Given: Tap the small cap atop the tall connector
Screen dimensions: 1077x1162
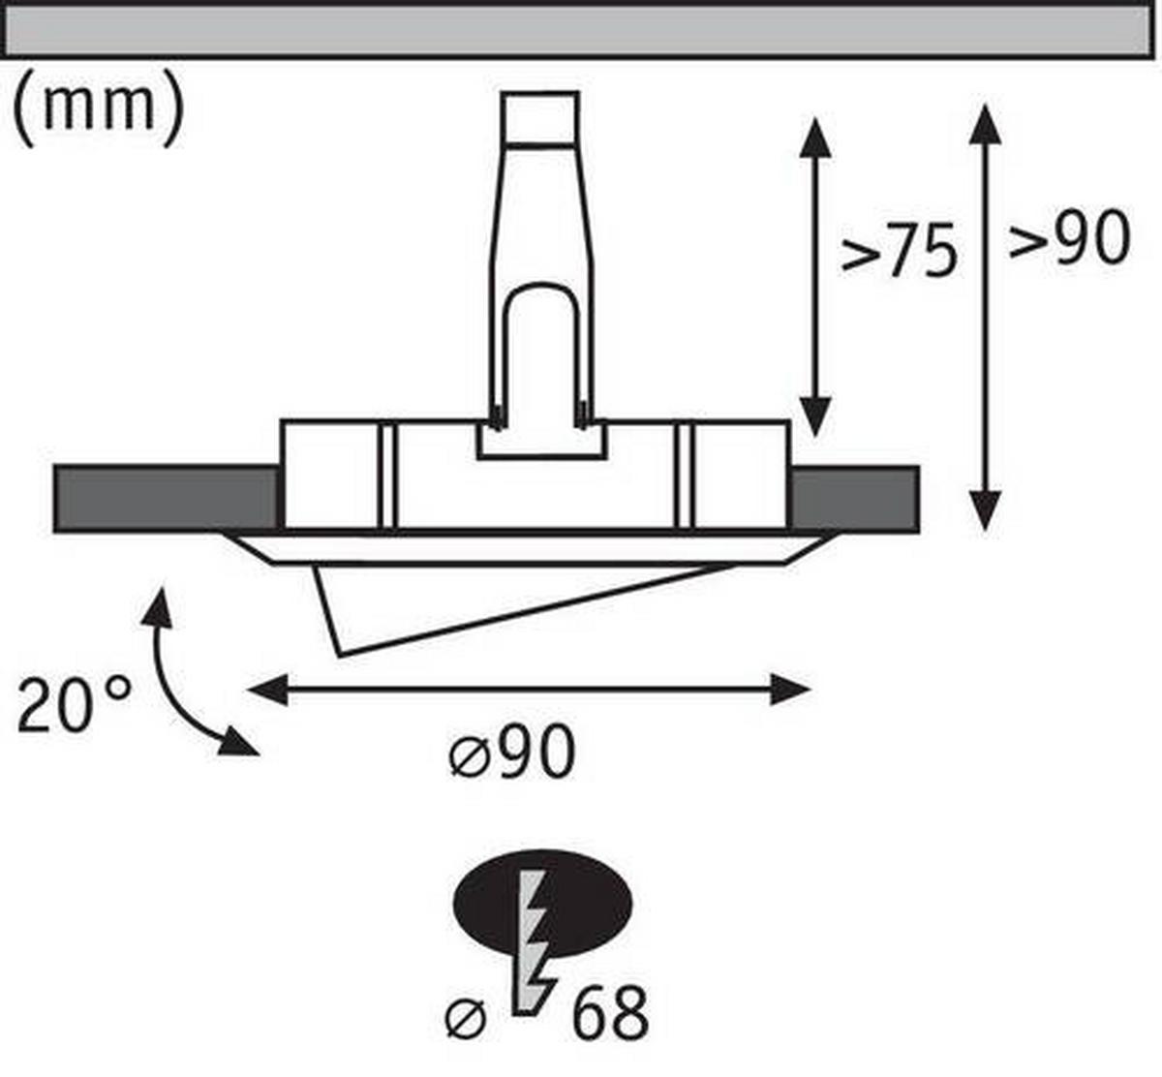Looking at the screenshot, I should point(539,118).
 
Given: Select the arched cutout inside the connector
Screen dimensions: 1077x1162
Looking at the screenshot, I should point(540,349).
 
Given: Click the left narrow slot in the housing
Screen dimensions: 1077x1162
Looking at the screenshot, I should point(387,477).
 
